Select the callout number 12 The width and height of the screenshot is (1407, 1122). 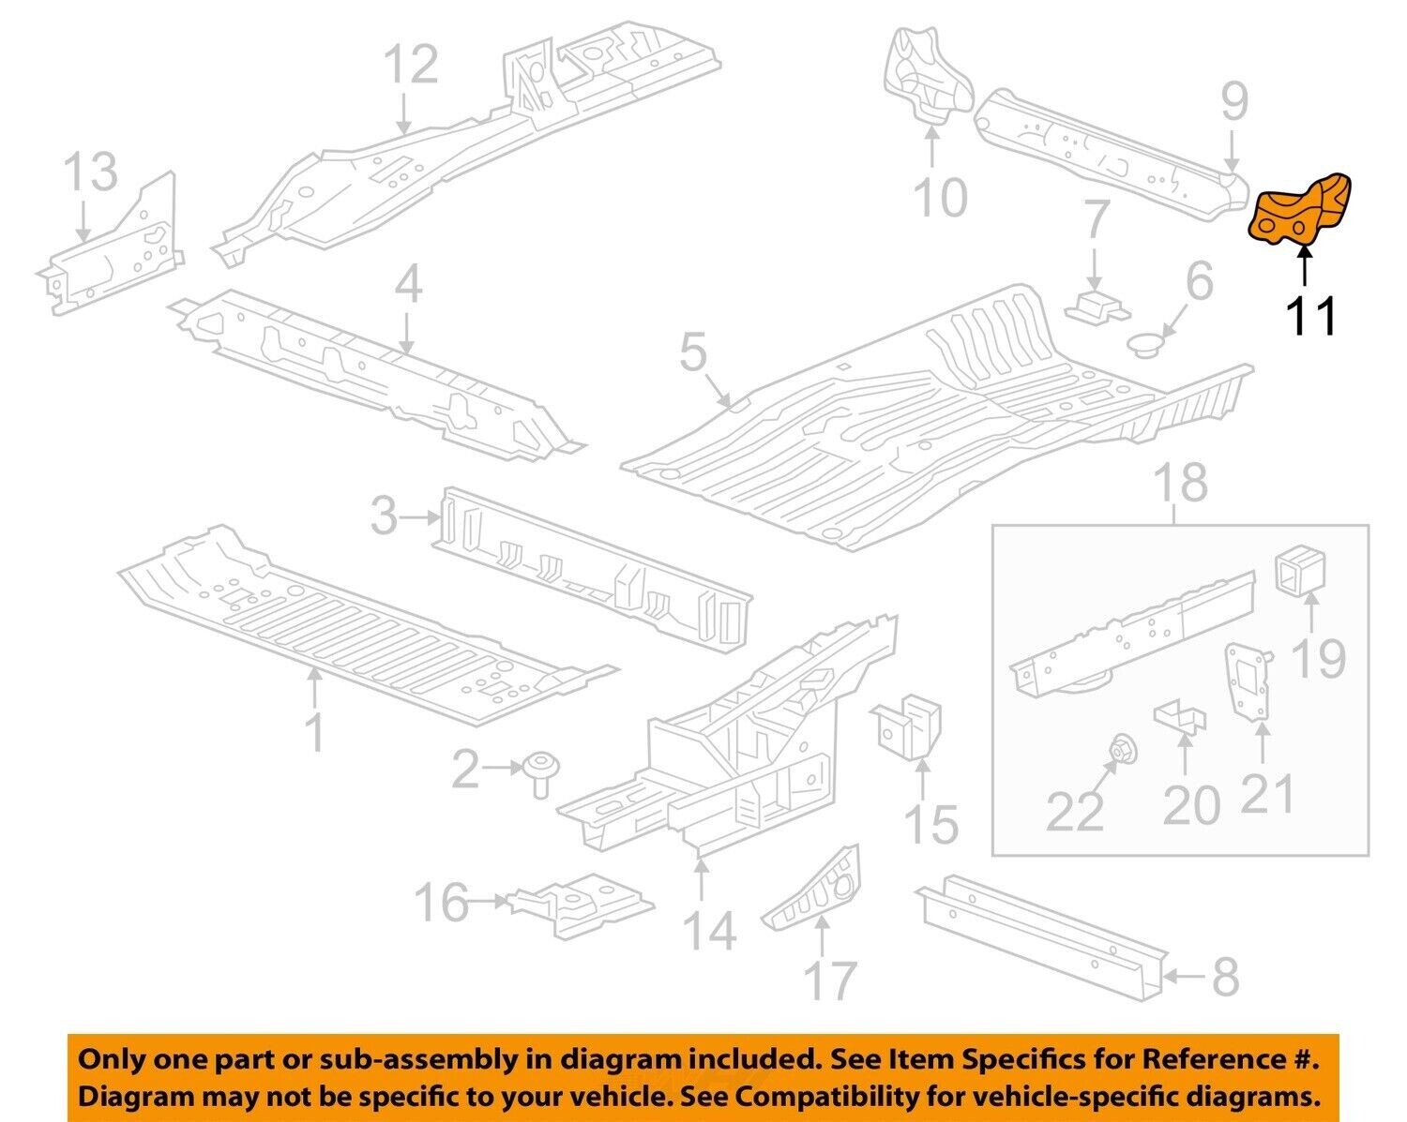pyautogui.click(x=411, y=65)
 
